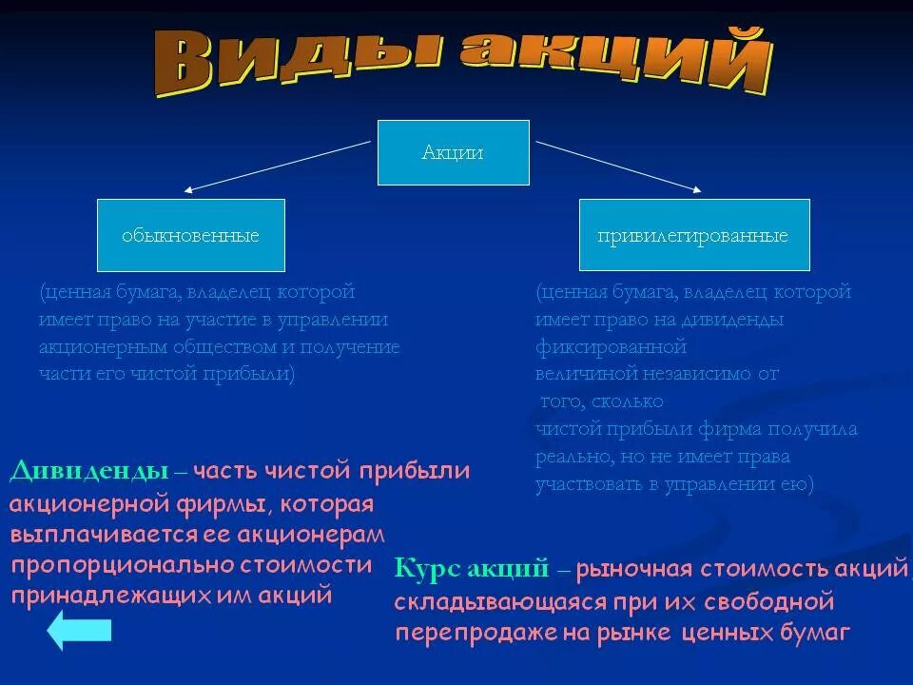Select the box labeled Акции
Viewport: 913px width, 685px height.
[453, 152]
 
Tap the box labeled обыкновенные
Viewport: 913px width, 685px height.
[190, 235]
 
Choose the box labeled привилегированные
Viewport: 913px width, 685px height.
[693, 235]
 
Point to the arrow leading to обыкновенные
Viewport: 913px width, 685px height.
[276, 167]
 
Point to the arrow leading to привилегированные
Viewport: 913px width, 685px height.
[618, 166]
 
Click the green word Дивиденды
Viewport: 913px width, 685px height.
[89, 471]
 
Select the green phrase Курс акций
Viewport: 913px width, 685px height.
[471, 569]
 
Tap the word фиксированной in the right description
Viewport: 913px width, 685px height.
[611, 346]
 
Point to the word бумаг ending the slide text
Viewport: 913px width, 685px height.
[813, 633]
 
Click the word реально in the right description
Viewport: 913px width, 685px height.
[570, 458]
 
